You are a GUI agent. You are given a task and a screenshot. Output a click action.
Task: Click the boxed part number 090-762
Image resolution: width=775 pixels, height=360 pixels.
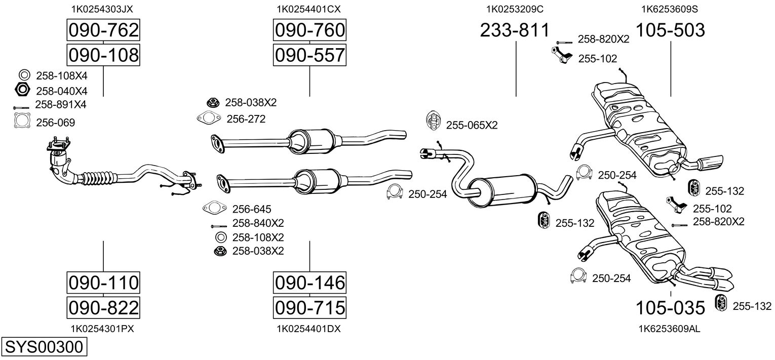tap(103, 30)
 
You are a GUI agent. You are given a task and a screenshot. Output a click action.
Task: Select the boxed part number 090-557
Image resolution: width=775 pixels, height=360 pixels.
tap(309, 55)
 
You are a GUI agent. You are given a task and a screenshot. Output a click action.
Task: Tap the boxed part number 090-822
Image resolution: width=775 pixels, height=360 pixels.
tap(103, 307)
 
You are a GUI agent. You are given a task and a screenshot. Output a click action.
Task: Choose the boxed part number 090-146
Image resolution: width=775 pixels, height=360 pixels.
tap(309, 283)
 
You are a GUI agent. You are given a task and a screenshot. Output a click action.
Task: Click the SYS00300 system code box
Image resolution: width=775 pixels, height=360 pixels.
tap(44, 347)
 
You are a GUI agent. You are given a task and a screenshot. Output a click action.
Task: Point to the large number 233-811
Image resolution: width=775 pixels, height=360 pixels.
tap(515, 30)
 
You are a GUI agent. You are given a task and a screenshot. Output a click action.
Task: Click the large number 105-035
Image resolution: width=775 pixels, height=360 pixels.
tap(670, 308)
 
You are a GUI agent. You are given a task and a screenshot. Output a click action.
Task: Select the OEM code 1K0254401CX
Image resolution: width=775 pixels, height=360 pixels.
tap(308, 9)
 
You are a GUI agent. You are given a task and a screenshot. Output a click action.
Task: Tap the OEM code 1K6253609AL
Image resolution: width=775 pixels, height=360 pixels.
tap(669, 329)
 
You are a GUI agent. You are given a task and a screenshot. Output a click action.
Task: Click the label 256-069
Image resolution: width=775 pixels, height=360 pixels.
tap(55, 123)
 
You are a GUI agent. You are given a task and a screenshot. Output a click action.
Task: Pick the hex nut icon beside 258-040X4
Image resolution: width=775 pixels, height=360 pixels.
tap(22, 90)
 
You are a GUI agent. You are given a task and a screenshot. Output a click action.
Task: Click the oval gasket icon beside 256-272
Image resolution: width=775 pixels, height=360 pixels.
tap(209, 118)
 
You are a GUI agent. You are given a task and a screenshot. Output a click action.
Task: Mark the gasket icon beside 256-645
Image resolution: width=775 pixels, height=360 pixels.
tap(214, 208)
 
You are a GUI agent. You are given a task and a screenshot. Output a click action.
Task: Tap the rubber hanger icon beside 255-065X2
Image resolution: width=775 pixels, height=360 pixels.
tap(433, 121)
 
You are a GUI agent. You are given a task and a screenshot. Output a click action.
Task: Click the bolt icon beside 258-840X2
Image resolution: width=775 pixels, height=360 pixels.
tap(219, 226)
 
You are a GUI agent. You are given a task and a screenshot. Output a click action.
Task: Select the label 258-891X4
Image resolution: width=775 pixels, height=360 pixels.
tap(61, 104)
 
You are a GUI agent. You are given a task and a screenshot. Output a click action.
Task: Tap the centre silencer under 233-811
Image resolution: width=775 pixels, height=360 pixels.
tap(501, 191)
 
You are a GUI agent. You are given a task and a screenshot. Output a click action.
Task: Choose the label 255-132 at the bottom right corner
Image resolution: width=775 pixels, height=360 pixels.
tap(752, 306)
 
